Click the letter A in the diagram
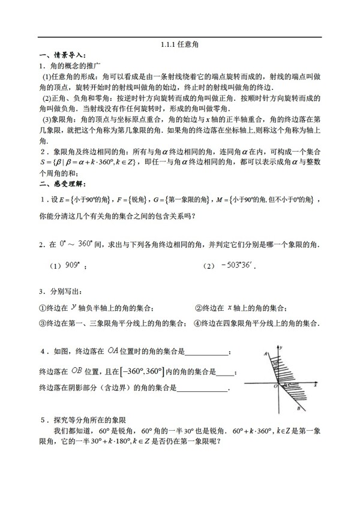click(265, 354)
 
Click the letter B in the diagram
click(298, 408)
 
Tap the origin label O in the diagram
click(274, 385)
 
